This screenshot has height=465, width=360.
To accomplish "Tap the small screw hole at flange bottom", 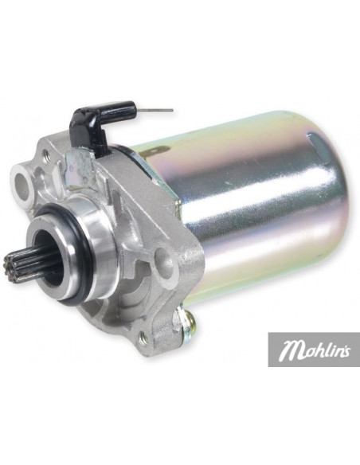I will click(x=143, y=338).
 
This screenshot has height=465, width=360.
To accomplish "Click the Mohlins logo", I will click(x=314, y=350).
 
